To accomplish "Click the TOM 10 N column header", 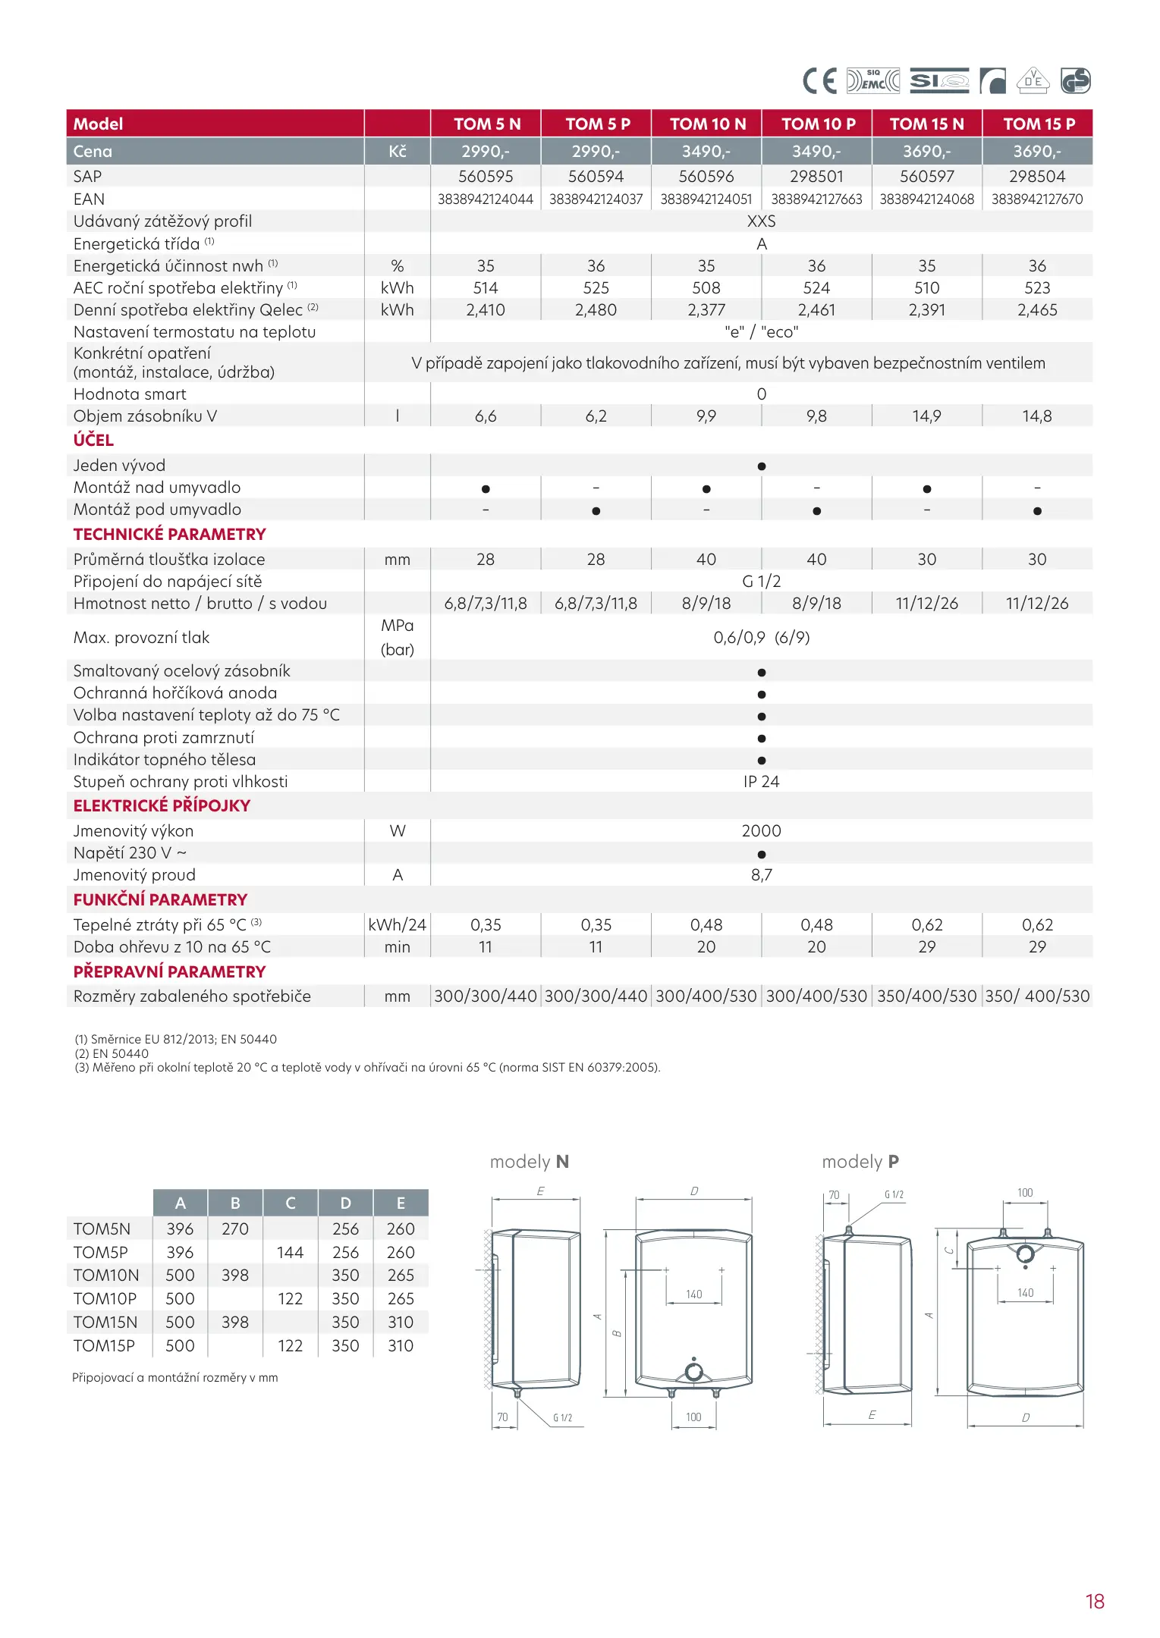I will [707, 124].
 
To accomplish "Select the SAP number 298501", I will [816, 176].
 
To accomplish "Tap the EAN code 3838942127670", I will [1037, 199].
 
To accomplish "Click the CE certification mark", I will [819, 80].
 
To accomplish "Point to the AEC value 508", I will [706, 288].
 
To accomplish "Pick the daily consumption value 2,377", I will [706, 310].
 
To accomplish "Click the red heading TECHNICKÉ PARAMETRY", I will [169, 535].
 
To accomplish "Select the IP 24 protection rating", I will [761, 782].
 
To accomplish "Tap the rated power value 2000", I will [761, 831].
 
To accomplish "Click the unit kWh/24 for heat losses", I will [397, 925].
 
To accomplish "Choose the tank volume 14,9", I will [926, 416].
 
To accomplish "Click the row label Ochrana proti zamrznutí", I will [164, 738].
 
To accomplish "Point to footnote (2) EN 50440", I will [112, 1053].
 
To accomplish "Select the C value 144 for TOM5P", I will [290, 1253].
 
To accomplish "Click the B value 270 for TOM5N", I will [235, 1229].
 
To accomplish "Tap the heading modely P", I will [860, 1162].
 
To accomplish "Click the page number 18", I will [1094, 1601].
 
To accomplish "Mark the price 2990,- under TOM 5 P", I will [596, 152].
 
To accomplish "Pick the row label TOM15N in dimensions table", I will [105, 1323].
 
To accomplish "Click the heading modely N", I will [530, 1162].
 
